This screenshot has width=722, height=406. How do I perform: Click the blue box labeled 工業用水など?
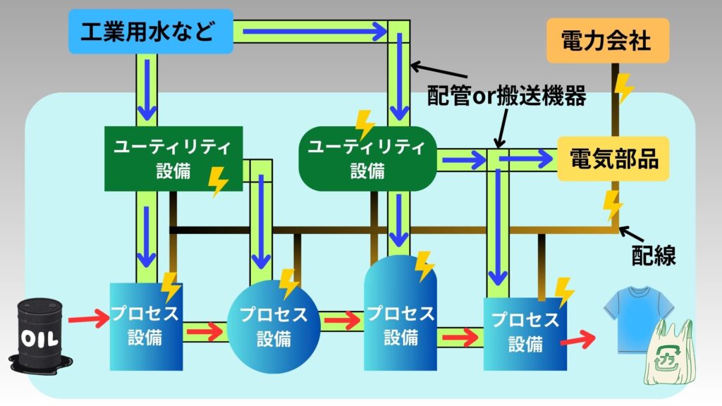point(150,32)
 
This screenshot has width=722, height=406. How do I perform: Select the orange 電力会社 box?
point(607,41)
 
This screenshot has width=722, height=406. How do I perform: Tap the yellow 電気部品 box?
point(611,159)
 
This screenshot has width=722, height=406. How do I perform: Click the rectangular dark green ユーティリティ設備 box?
point(173,159)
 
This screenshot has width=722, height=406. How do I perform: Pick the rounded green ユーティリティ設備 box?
point(367,159)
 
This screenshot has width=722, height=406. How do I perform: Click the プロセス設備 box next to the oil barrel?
point(147,326)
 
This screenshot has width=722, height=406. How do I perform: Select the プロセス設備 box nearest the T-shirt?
point(525,333)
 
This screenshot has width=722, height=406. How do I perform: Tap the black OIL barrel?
point(36,333)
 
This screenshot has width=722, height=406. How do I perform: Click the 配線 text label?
point(654,256)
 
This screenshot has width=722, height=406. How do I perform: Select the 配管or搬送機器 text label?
point(507,97)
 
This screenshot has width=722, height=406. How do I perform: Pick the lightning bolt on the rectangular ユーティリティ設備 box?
point(219,181)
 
